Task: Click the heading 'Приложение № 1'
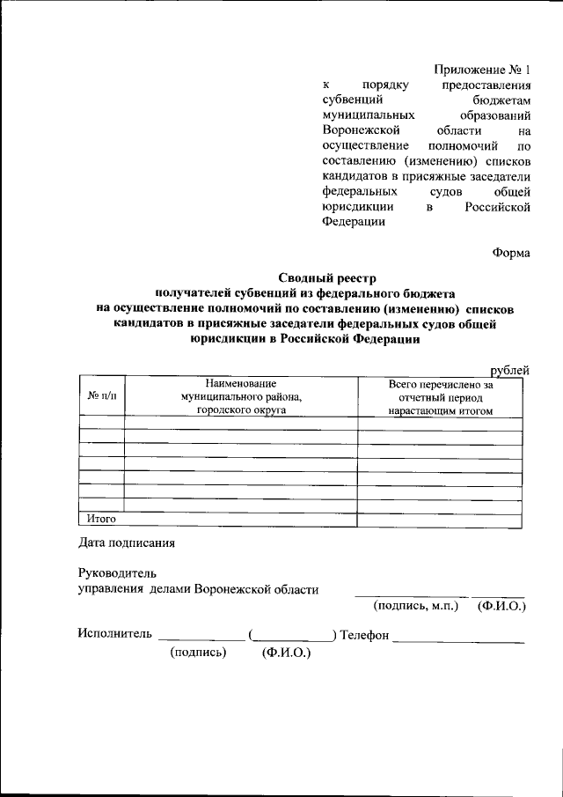point(483,70)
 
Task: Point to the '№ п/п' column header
point(101,396)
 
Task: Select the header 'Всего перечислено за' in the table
point(441,384)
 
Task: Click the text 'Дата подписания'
point(127,542)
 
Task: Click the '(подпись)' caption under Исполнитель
point(199,653)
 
